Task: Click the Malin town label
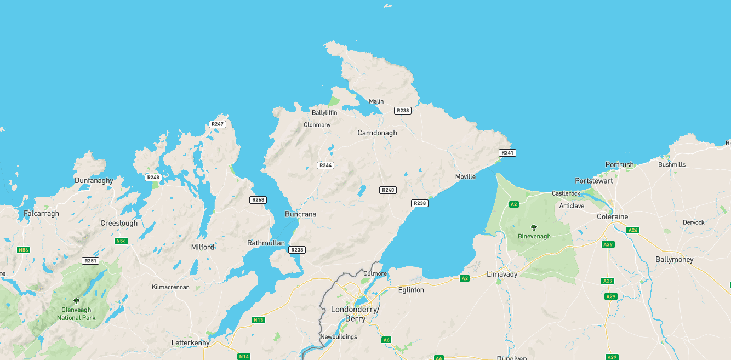376,101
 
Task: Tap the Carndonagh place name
377,133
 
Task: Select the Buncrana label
300,214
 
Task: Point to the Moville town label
465,176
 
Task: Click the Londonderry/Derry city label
355,314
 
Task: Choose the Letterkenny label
190,343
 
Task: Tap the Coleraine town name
612,217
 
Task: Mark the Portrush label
619,165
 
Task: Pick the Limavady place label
502,274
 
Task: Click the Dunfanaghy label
94,180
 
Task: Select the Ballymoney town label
674,260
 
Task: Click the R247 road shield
218,124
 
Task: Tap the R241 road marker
507,152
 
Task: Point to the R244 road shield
325,165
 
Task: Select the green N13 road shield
259,320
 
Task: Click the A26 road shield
633,230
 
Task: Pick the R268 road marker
258,200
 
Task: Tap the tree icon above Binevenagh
534,227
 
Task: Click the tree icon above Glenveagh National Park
76,301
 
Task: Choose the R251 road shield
90,261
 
